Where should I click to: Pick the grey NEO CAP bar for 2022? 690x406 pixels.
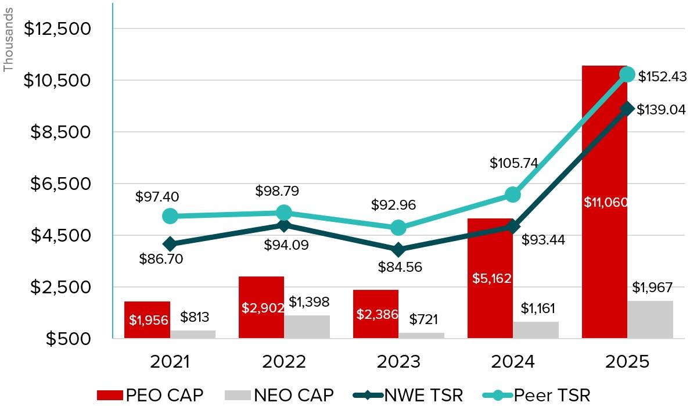coord(307,326)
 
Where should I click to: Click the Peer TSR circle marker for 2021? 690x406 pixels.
coord(170,216)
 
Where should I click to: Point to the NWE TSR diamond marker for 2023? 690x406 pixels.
coord(398,250)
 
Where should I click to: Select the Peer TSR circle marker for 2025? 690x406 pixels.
coord(627,74)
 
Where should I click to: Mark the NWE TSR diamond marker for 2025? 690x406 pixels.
coord(627,109)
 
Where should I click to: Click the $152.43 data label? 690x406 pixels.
coord(662,77)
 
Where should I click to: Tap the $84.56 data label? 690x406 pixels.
coord(400,267)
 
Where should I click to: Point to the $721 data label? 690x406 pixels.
coord(424,319)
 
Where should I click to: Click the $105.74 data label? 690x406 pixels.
coord(513,163)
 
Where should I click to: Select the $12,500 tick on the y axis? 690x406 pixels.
coord(57,28)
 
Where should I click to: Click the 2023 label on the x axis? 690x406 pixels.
coord(398,362)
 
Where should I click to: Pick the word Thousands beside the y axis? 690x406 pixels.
coord(8,39)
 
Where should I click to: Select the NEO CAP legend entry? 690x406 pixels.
coord(279,396)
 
